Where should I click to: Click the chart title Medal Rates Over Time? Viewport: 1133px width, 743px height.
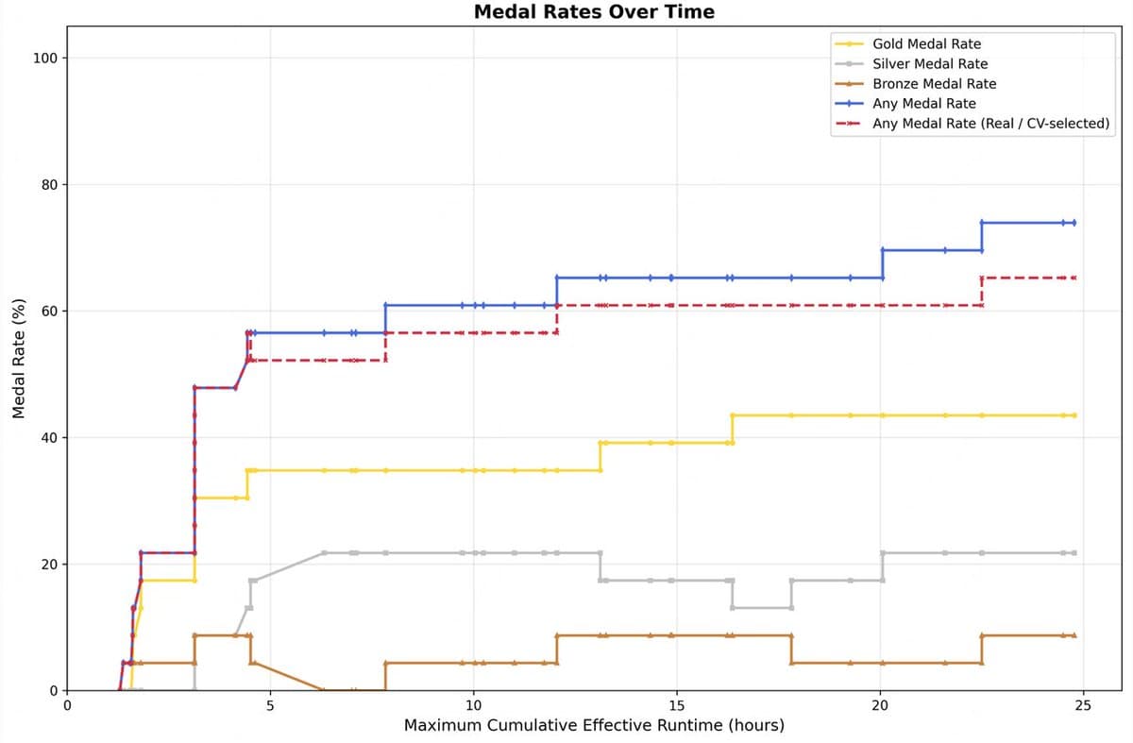point(594,12)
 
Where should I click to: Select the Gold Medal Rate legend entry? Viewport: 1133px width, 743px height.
point(926,43)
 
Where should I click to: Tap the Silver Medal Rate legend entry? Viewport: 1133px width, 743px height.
point(930,63)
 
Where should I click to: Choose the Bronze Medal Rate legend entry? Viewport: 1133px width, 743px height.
point(934,83)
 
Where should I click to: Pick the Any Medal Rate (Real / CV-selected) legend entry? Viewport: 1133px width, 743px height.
point(990,124)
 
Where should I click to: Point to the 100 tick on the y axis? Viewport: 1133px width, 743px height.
point(46,59)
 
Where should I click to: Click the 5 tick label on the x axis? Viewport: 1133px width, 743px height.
point(270,705)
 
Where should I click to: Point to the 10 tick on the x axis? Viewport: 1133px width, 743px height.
point(474,705)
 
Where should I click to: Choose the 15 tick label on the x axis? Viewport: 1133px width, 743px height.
point(677,705)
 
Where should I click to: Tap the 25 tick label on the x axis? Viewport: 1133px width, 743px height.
point(1083,705)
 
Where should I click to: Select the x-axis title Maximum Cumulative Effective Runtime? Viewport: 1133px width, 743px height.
point(594,726)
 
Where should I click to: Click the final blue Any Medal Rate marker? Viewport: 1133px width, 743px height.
point(1074,223)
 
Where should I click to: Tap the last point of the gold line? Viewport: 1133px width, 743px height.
point(1074,415)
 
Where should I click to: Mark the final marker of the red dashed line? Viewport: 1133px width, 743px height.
point(1074,278)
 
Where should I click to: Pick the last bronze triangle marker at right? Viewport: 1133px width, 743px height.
point(1074,635)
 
